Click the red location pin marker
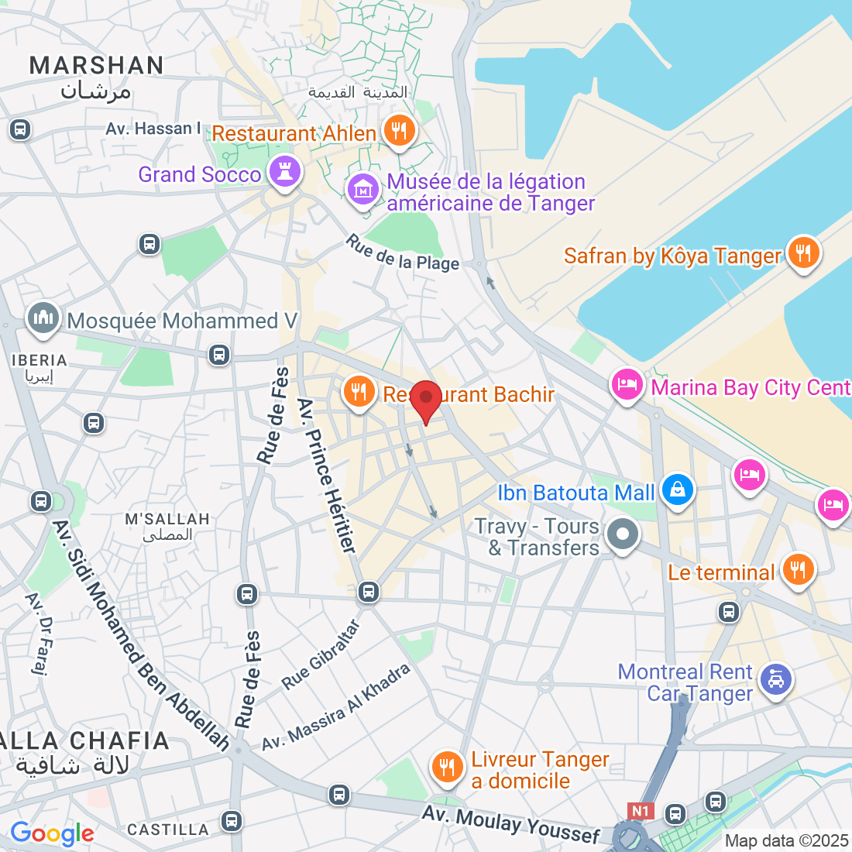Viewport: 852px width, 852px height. (425, 400)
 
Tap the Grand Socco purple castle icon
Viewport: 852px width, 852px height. (284, 172)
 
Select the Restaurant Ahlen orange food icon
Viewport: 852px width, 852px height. (399, 131)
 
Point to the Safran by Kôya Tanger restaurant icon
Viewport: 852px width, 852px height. (803, 253)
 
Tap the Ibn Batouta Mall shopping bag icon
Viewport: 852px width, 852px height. (678, 490)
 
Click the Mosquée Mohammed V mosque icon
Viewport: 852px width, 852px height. (43, 318)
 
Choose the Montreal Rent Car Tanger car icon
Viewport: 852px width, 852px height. (775, 679)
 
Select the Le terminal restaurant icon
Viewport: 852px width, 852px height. (798, 569)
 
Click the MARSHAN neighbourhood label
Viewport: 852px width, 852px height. (96, 66)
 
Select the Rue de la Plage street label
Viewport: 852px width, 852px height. (403, 254)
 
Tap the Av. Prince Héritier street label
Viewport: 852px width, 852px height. (328, 476)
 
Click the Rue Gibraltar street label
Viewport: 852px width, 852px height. (321, 655)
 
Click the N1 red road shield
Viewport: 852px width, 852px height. (640, 811)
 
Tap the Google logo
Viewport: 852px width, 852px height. (52, 833)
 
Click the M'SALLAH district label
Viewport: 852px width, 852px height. (167, 519)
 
